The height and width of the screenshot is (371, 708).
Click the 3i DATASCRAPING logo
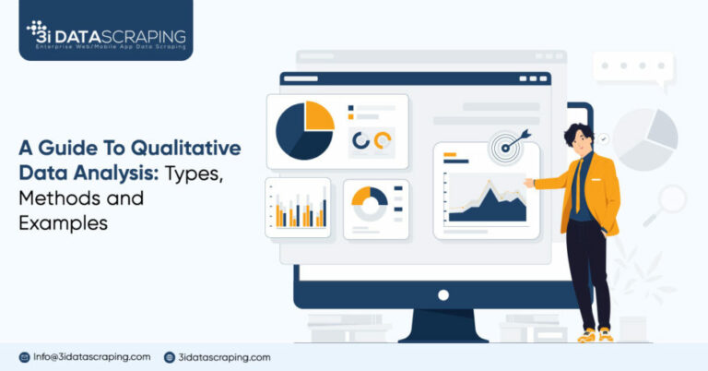(106, 34)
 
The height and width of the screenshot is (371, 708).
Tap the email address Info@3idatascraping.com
(90, 357)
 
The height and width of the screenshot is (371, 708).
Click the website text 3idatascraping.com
(225, 357)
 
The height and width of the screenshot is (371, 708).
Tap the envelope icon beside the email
(25, 357)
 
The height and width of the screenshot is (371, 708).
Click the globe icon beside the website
(170, 357)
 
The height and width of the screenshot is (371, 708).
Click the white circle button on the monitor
(443, 294)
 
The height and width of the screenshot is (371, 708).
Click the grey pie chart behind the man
(645, 138)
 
